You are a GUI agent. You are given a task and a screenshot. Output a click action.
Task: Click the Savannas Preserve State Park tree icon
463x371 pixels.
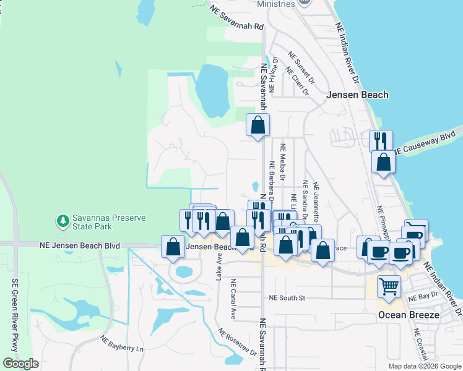pyautogui.click(x=63, y=220)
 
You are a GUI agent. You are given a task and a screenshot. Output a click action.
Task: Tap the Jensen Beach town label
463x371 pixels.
pyautogui.click(x=357, y=95)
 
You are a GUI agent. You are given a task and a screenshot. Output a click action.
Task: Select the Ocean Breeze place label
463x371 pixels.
pyautogui.click(x=409, y=315)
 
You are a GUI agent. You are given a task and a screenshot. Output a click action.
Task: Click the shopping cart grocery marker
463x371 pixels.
pyautogui.click(x=389, y=287)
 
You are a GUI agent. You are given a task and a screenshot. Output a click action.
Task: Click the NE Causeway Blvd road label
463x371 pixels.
pyautogui.click(x=429, y=142)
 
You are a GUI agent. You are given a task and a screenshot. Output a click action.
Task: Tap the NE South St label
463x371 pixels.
pyautogui.click(x=287, y=298)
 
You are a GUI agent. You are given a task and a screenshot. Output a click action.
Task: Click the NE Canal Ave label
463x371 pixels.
pyautogui.click(x=233, y=299)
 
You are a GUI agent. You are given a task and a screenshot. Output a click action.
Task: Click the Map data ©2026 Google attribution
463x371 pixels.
pyautogui.click(x=424, y=366)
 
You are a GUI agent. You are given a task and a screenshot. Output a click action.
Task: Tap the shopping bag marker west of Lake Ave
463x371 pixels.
pyautogui.click(x=173, y=246)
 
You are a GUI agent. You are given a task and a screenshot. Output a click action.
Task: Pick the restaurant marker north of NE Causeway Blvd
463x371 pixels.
pyautogui.click(x=381, y=140)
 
